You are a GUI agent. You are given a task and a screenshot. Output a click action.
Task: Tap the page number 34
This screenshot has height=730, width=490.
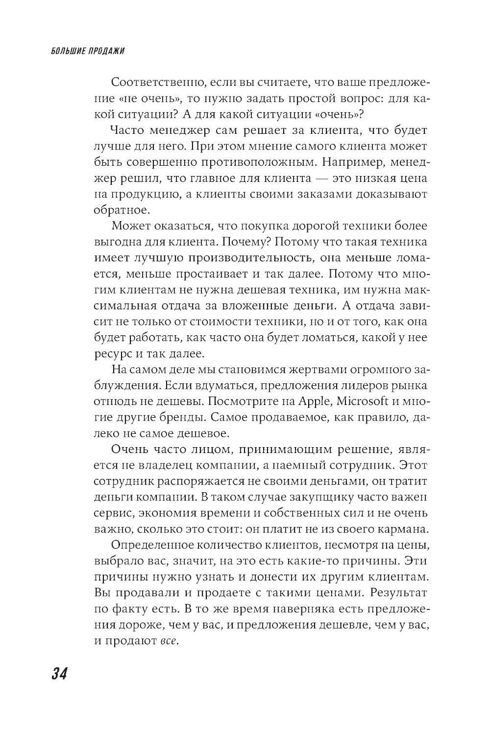[59, 673]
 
